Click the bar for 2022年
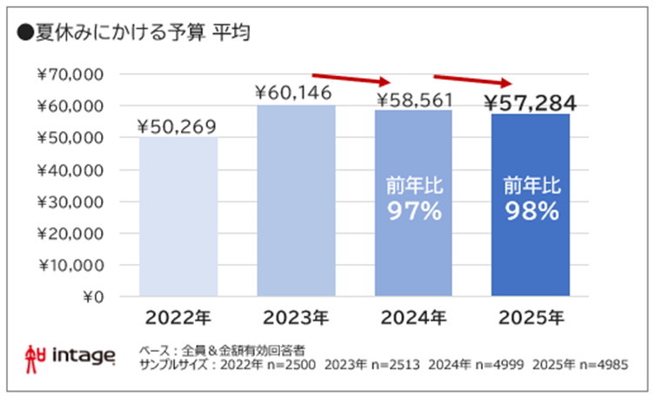click(178, 217)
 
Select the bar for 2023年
click(296, 201)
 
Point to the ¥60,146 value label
click(296, 92)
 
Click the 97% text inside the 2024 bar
click(413, 211)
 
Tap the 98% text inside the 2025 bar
click(530, 211)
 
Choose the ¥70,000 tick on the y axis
click(72, 75)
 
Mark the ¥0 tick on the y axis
click(91, 297)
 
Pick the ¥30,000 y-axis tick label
click(72, 202)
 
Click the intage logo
click(70, 355)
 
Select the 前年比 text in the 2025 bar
click(530, 184)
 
